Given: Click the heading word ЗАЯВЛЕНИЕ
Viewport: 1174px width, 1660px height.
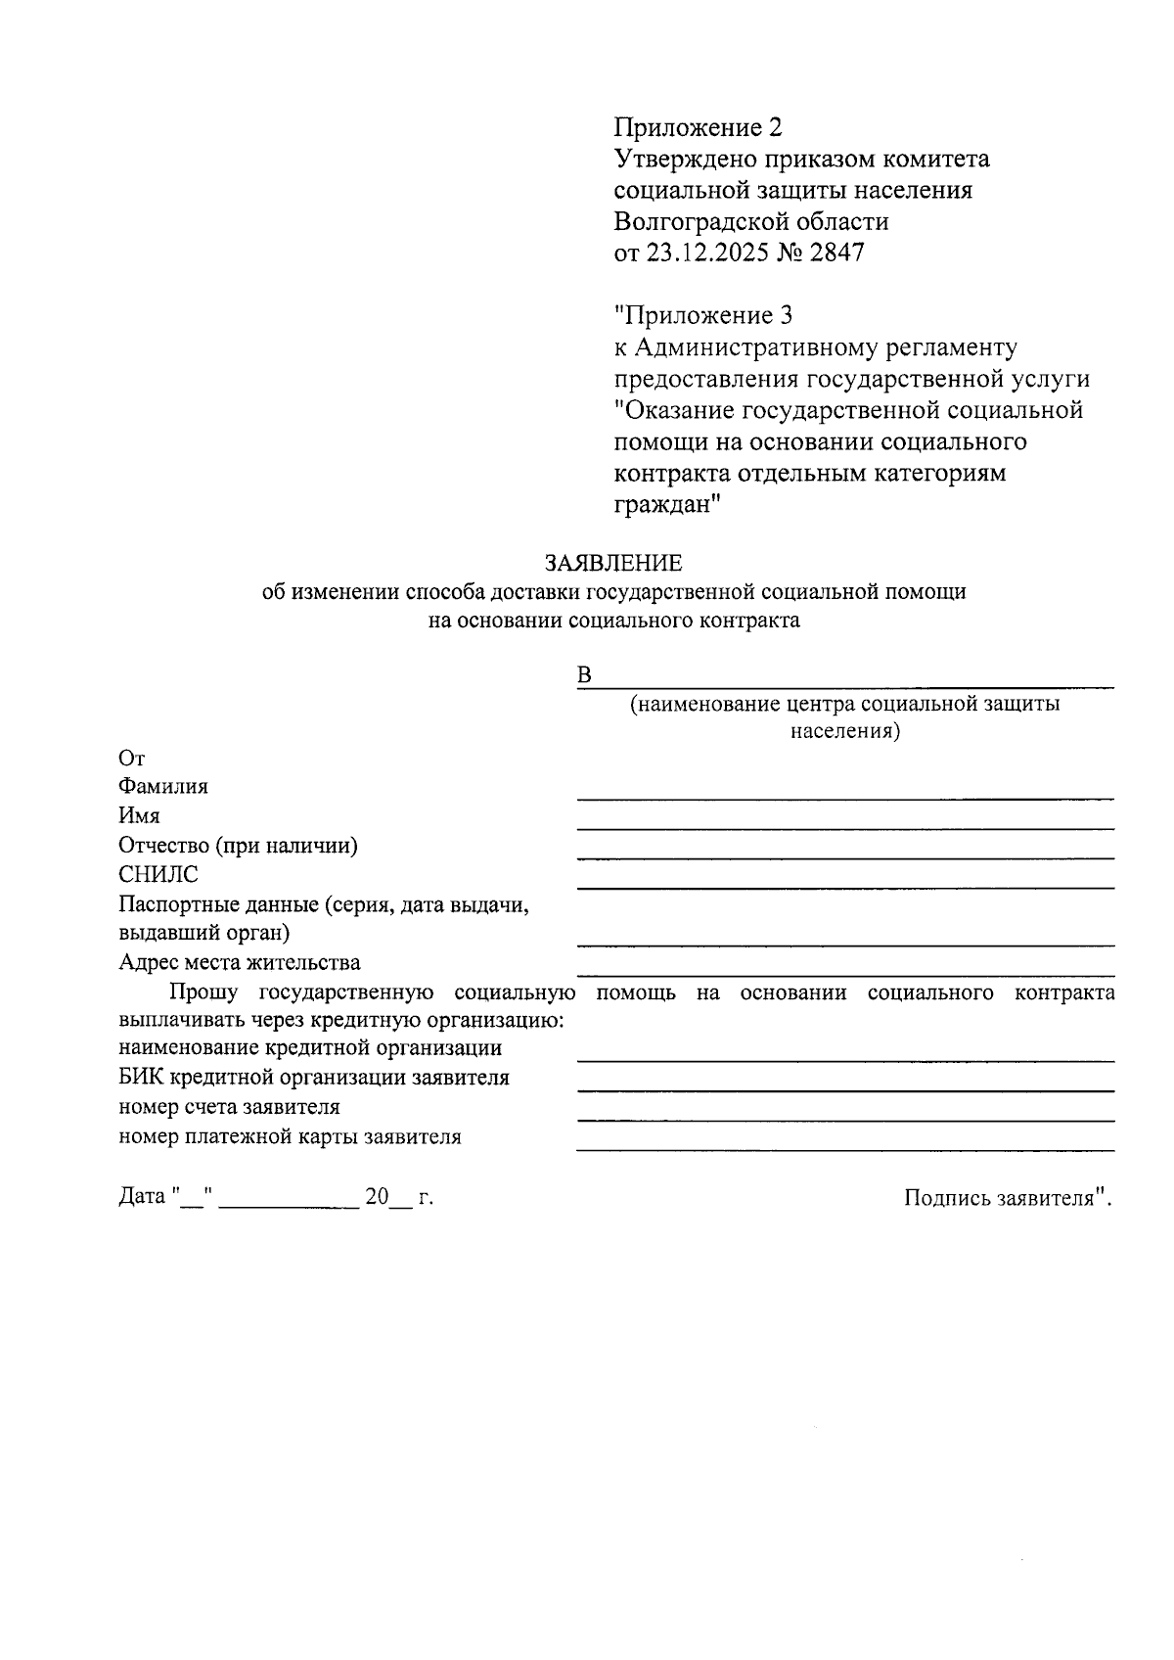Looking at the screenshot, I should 613,563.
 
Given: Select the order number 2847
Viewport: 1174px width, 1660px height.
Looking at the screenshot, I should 837,253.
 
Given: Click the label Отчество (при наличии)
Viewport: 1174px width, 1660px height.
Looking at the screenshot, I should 238,846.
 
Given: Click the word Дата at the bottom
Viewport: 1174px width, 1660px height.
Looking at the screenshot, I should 142,1196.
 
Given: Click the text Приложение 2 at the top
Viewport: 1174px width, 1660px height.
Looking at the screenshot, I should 699,127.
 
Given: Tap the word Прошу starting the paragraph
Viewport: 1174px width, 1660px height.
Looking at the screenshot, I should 203,992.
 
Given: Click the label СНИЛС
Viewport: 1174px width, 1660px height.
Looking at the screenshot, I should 158,875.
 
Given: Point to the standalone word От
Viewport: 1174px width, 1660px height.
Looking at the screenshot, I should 131,759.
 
